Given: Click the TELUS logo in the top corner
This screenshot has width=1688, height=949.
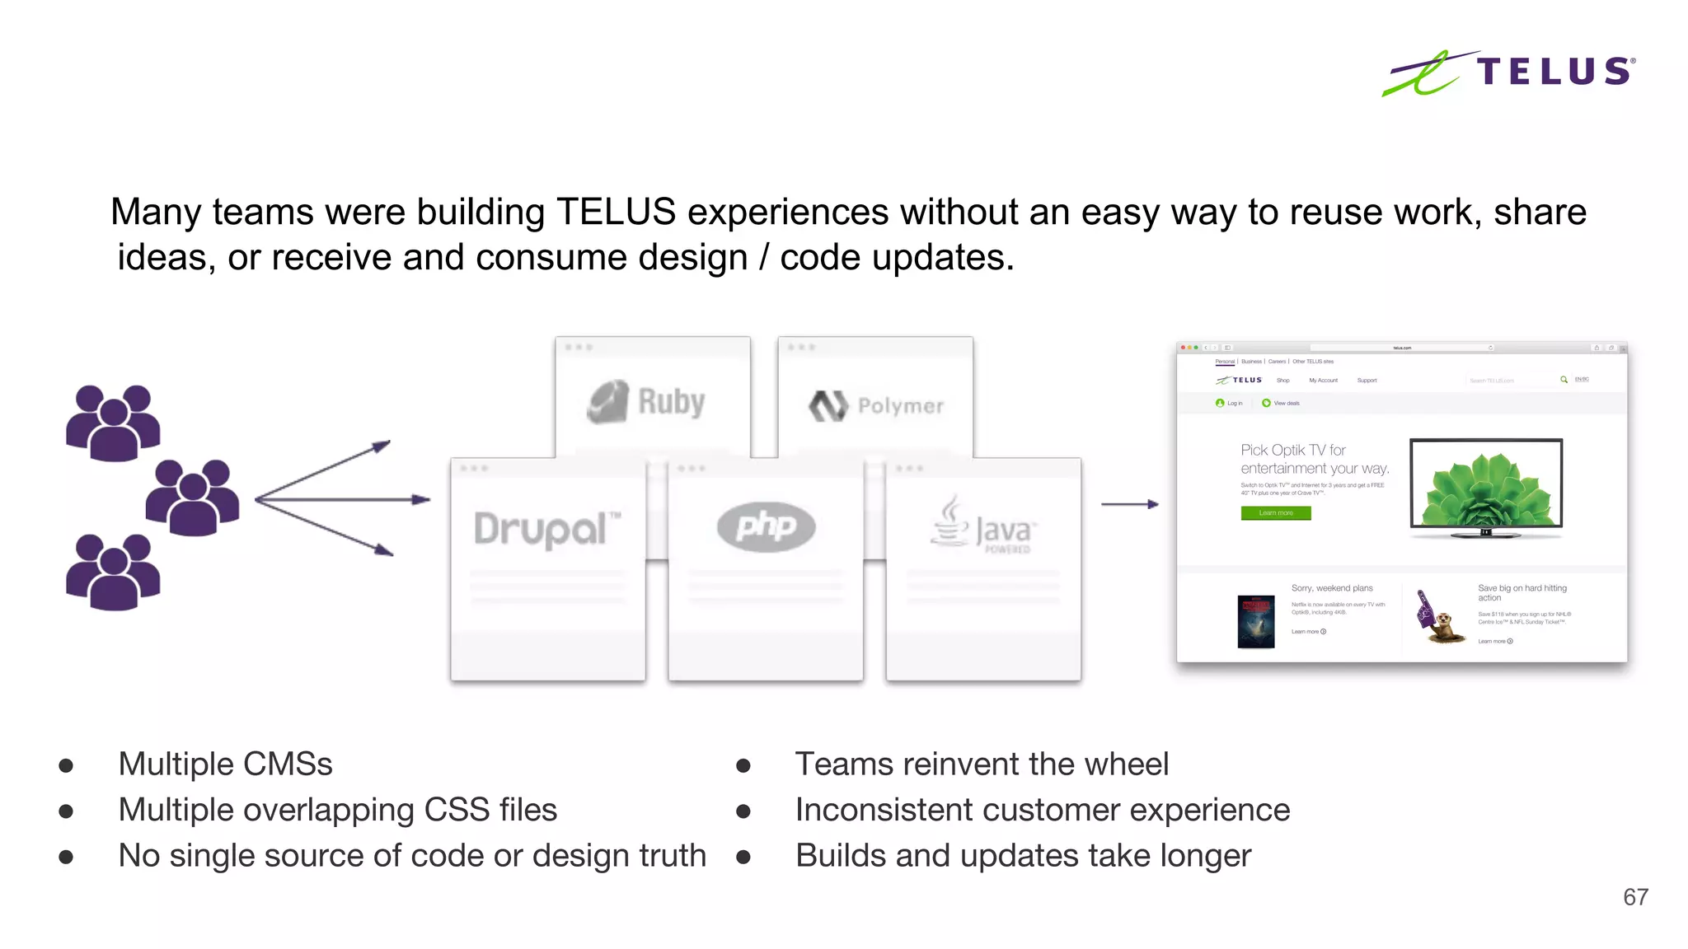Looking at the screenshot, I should (x=1508, y=72).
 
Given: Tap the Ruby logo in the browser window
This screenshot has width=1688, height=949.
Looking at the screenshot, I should (x=648, y=402).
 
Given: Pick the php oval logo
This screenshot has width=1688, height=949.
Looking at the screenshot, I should (x=766, y=526).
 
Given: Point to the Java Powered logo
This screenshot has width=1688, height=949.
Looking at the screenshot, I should (x=982, y=525).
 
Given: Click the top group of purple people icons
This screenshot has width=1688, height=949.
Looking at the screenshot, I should (x=113, y=423).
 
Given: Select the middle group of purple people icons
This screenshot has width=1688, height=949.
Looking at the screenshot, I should (x=193, y=497).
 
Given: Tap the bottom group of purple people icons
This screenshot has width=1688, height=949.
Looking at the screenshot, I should (x=113, y=572).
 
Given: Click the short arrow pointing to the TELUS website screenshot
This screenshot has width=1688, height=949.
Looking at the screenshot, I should (x=1129, y=503).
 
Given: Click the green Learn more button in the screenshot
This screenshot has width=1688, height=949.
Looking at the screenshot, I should (x=1275, y=513).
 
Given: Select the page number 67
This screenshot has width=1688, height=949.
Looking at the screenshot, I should (x=1635, y=897).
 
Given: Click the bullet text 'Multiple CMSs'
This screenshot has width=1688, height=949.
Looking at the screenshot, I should (x=225, y=764).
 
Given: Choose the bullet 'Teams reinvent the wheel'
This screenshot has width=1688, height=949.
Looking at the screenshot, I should (x=981, y=764).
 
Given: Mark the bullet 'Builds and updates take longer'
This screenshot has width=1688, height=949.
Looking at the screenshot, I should (x=1022, y=856).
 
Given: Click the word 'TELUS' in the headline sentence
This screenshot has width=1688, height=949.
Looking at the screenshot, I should (x=616, y=213).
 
